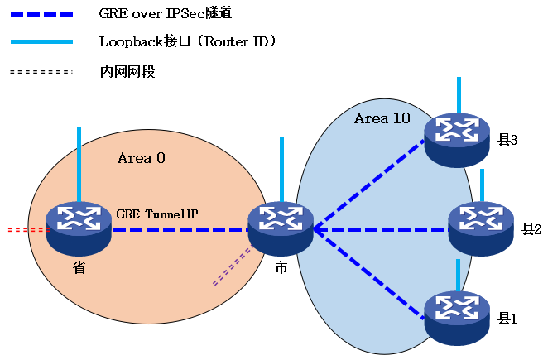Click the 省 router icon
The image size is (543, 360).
tap(79, 228)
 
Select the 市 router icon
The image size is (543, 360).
tap(281, 228)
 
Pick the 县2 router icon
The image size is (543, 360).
tap(481, 228)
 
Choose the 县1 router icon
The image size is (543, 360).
tap(457, 317)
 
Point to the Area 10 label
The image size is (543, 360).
tap(382, 118)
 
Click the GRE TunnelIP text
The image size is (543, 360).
tap(157, 214)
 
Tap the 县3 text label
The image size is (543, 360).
tap(507, 140)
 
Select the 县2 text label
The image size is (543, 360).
tap(531, 228)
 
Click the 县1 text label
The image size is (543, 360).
tap(507, 319)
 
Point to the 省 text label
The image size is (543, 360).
tap(79, 268)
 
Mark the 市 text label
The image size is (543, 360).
tap(281, 268)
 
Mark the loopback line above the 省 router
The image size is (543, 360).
tap(79, 161)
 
